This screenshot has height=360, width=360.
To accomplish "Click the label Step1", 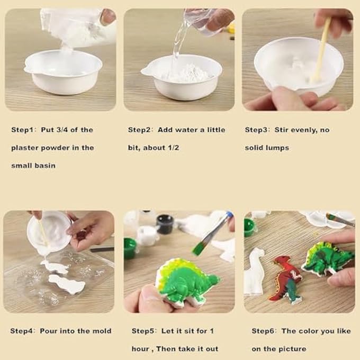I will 22,130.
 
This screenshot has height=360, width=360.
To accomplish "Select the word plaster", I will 24,148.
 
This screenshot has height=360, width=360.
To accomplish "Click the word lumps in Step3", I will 277,148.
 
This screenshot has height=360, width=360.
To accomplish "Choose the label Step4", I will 22,331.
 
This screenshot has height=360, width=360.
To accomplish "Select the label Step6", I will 263,331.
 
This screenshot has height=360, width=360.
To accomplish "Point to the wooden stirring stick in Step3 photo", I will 322,48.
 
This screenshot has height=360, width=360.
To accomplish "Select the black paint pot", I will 165,224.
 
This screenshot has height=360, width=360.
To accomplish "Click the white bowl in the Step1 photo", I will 64,71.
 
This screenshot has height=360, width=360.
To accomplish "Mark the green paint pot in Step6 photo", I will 250,227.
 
